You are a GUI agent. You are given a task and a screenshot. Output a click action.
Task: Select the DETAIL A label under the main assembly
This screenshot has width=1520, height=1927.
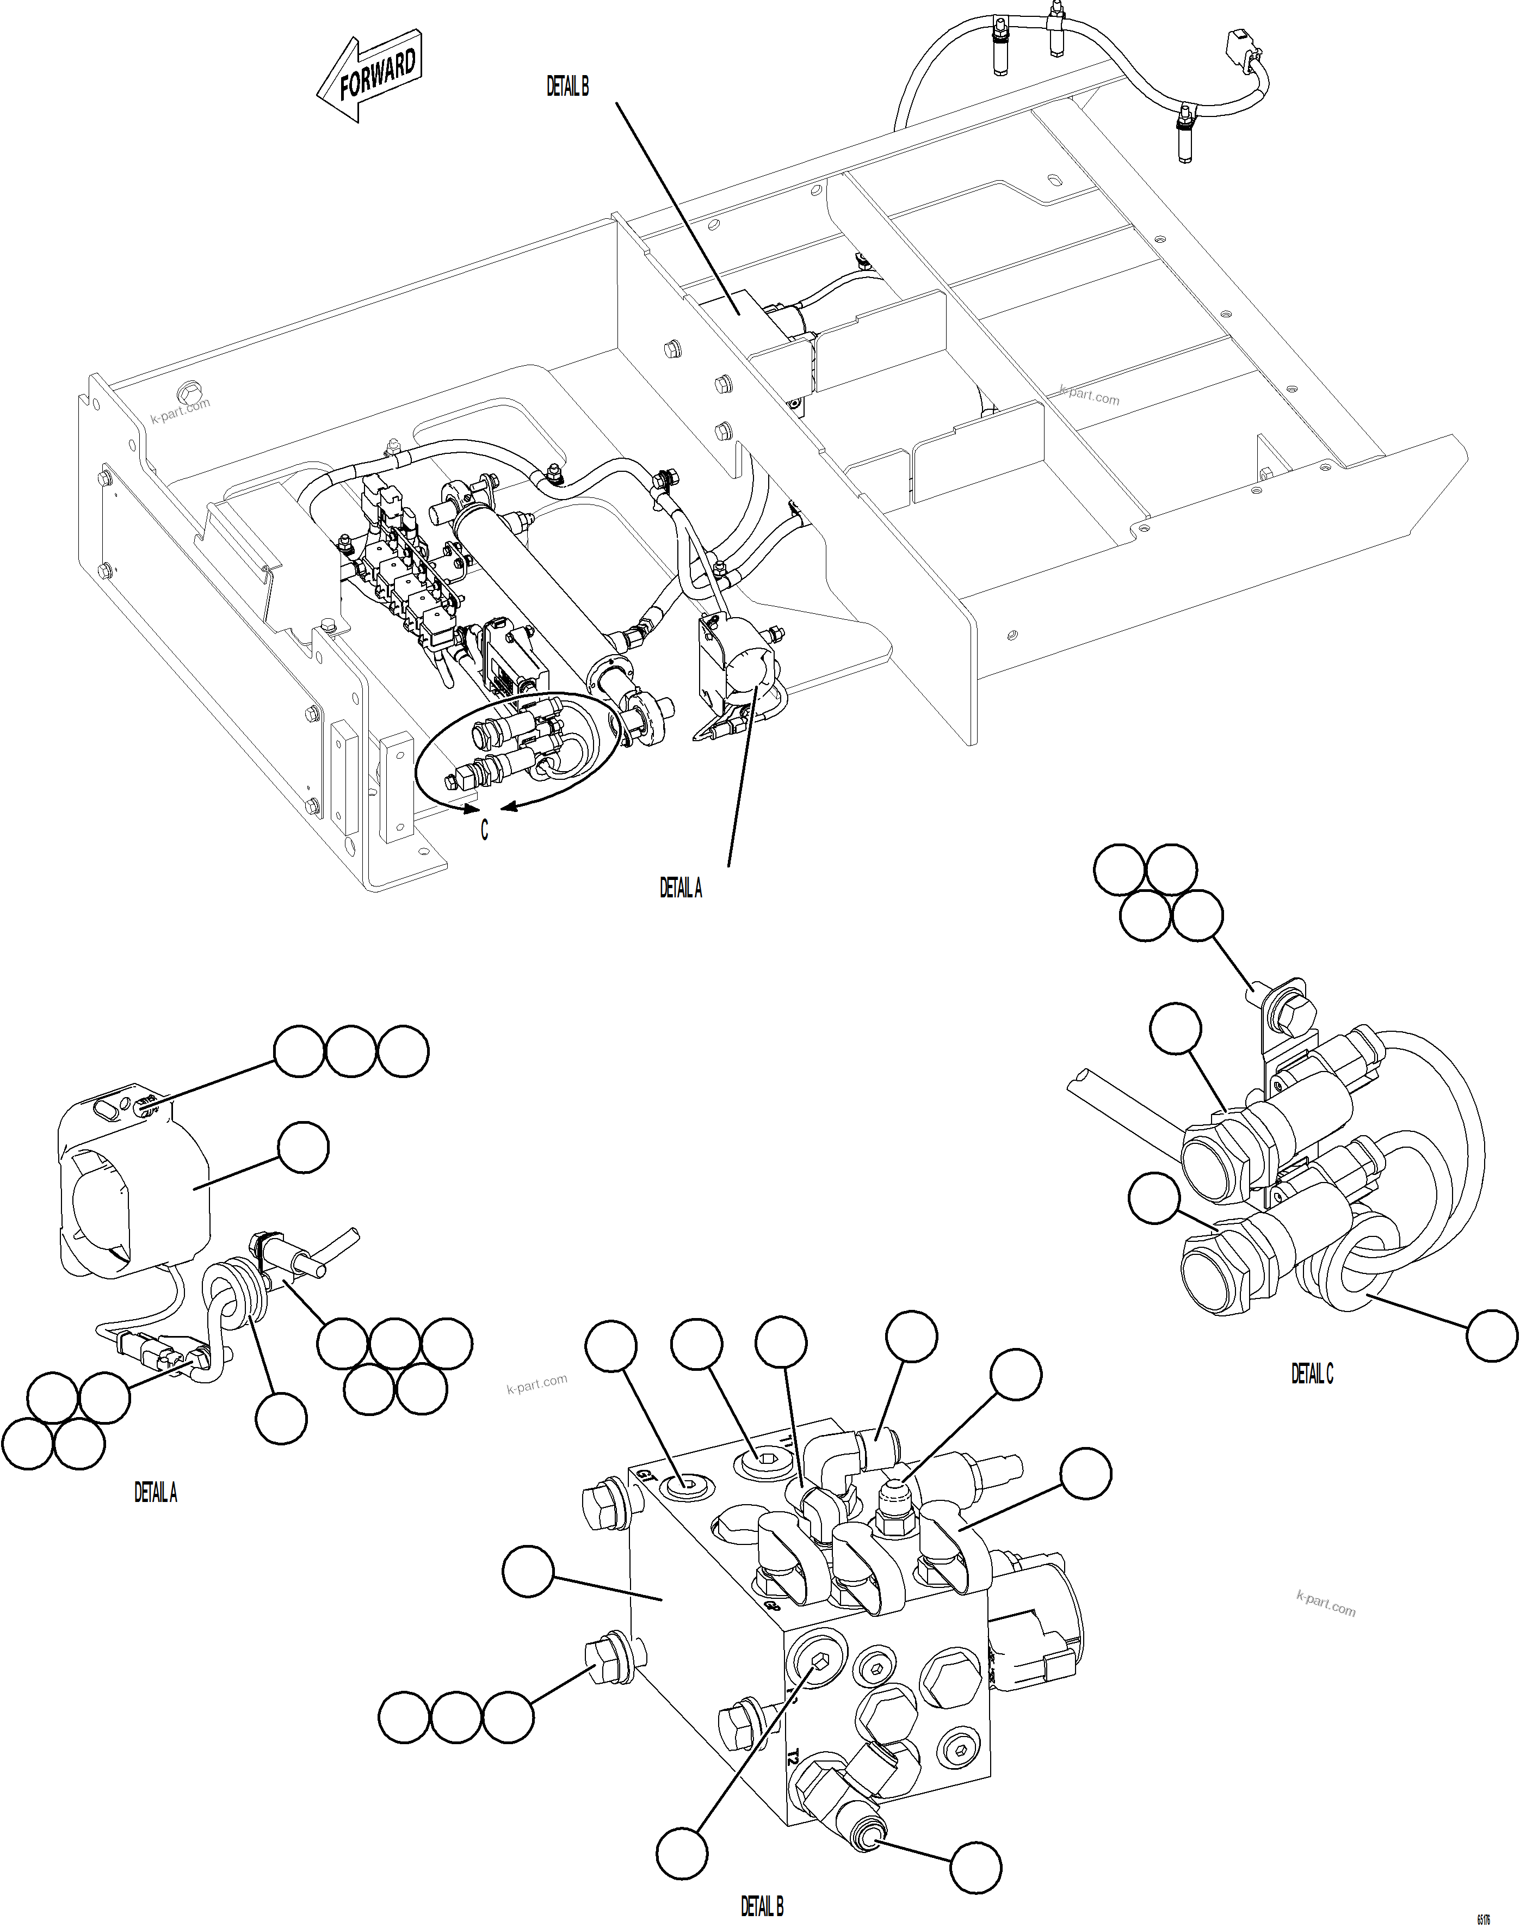(x=680, y=888)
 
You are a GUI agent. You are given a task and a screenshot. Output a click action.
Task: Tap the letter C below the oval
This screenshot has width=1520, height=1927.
(x=484, y=829)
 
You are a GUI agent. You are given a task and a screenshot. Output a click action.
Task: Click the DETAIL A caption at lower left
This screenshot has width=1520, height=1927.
(x=155, y=1493)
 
